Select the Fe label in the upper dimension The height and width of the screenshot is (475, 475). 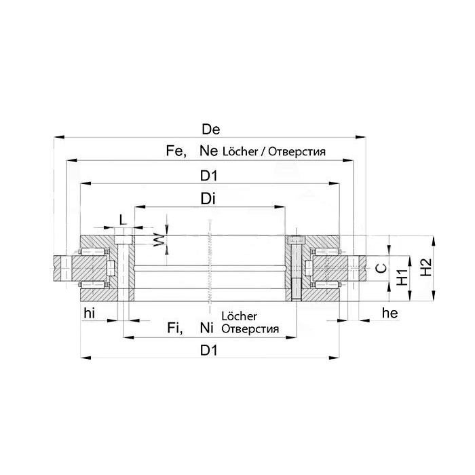click(x=175, y=151)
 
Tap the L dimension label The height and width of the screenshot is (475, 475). click(x=122, y=220)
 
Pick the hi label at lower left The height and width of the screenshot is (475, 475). click(x=90, y=313)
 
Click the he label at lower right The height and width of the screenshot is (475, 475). click(x=389, y=313)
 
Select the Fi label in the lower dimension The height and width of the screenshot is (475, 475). click(x=175, y=329)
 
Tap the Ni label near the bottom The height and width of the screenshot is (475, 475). click(x=207, y=329)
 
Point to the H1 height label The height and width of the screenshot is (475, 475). click(x=402, y=275)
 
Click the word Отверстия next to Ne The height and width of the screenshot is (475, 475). click(x=297, y=152)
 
